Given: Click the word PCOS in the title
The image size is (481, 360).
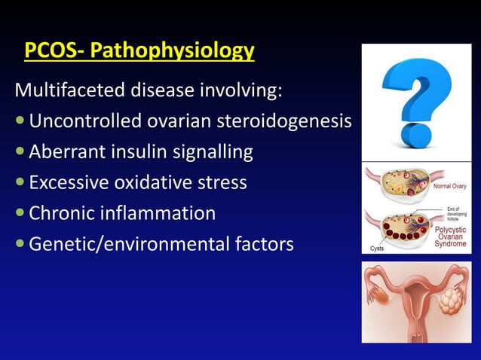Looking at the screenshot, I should (46, 51).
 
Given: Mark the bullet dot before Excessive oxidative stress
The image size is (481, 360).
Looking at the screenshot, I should (20, 184).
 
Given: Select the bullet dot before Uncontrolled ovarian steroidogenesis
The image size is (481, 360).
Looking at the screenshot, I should (20, 123).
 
